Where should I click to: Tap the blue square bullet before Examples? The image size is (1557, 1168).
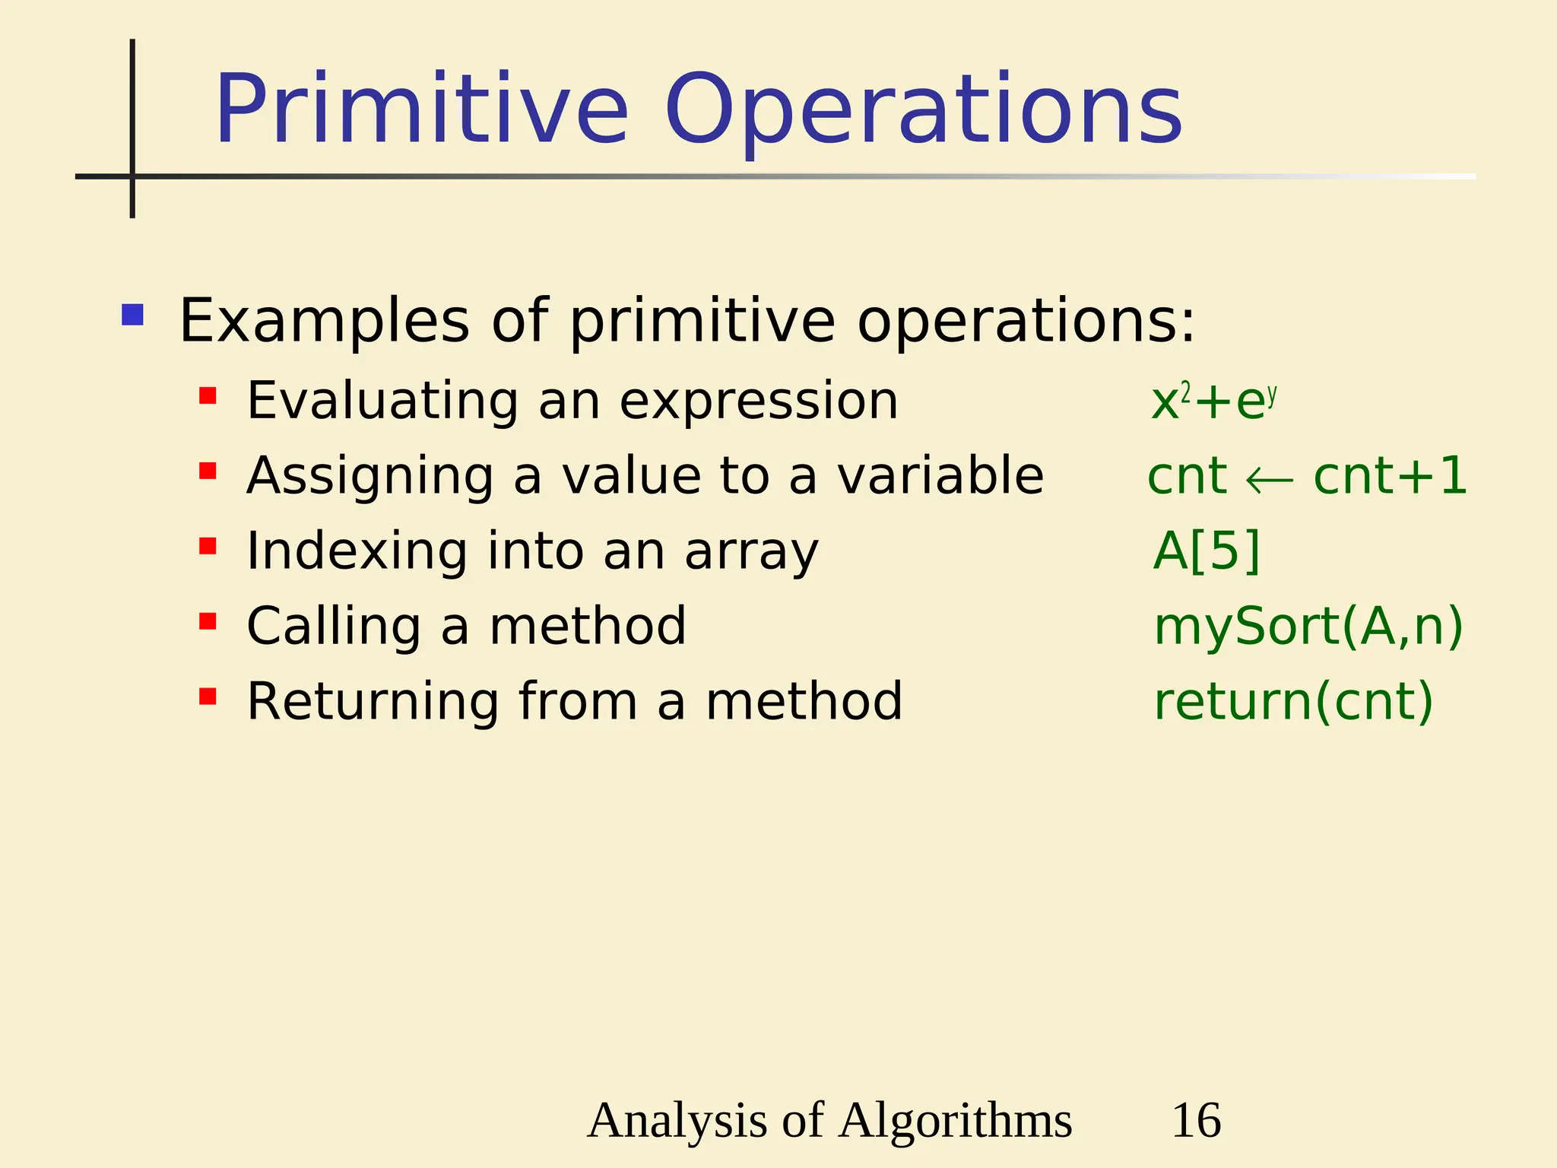click(132, 315)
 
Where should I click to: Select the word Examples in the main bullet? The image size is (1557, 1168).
click(324, 322)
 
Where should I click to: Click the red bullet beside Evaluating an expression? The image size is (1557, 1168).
click(208, 396)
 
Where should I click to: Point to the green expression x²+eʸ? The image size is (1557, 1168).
click(1213, 401)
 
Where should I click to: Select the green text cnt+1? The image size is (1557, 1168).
click(1390, 477)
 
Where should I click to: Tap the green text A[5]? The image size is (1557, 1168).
click(1207, 551)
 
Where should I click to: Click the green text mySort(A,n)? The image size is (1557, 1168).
click(1308, 627)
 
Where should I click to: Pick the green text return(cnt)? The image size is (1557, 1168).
click(1293, 701)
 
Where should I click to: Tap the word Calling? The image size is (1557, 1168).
click(334, 626)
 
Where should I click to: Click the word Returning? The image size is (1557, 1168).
click(373, 701)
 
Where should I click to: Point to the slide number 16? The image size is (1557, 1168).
click(1196, 1120)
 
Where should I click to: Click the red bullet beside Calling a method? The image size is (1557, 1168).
click(208, 622)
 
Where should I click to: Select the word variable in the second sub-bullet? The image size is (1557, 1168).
click(940, 476)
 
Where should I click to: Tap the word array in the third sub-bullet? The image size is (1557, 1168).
click(751, 551)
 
